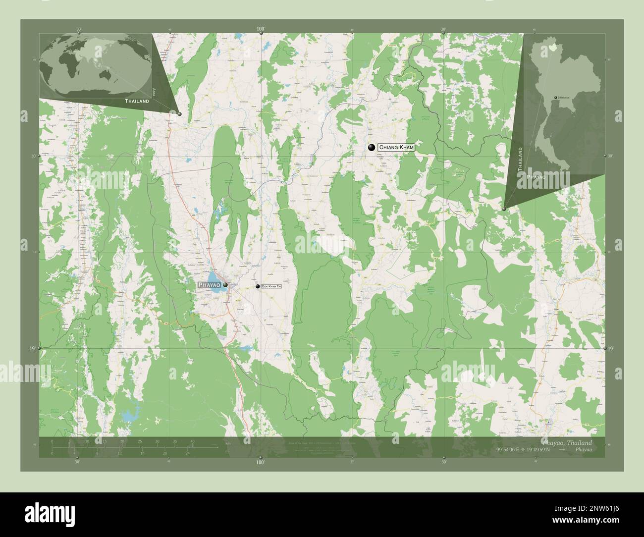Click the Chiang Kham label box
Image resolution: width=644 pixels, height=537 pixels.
[395, 147]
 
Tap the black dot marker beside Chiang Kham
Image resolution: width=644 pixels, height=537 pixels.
[371, 147]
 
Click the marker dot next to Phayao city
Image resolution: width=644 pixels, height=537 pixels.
[225, 285]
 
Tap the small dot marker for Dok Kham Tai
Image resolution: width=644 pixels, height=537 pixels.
[258, 286]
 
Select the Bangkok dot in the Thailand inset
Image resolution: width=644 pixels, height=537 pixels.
[555, 98]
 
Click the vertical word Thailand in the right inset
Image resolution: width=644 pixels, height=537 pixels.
[520, 159]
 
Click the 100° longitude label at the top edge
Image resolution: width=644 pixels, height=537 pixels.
[261, 29]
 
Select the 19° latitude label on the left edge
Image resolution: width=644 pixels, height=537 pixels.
[32, 349]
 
